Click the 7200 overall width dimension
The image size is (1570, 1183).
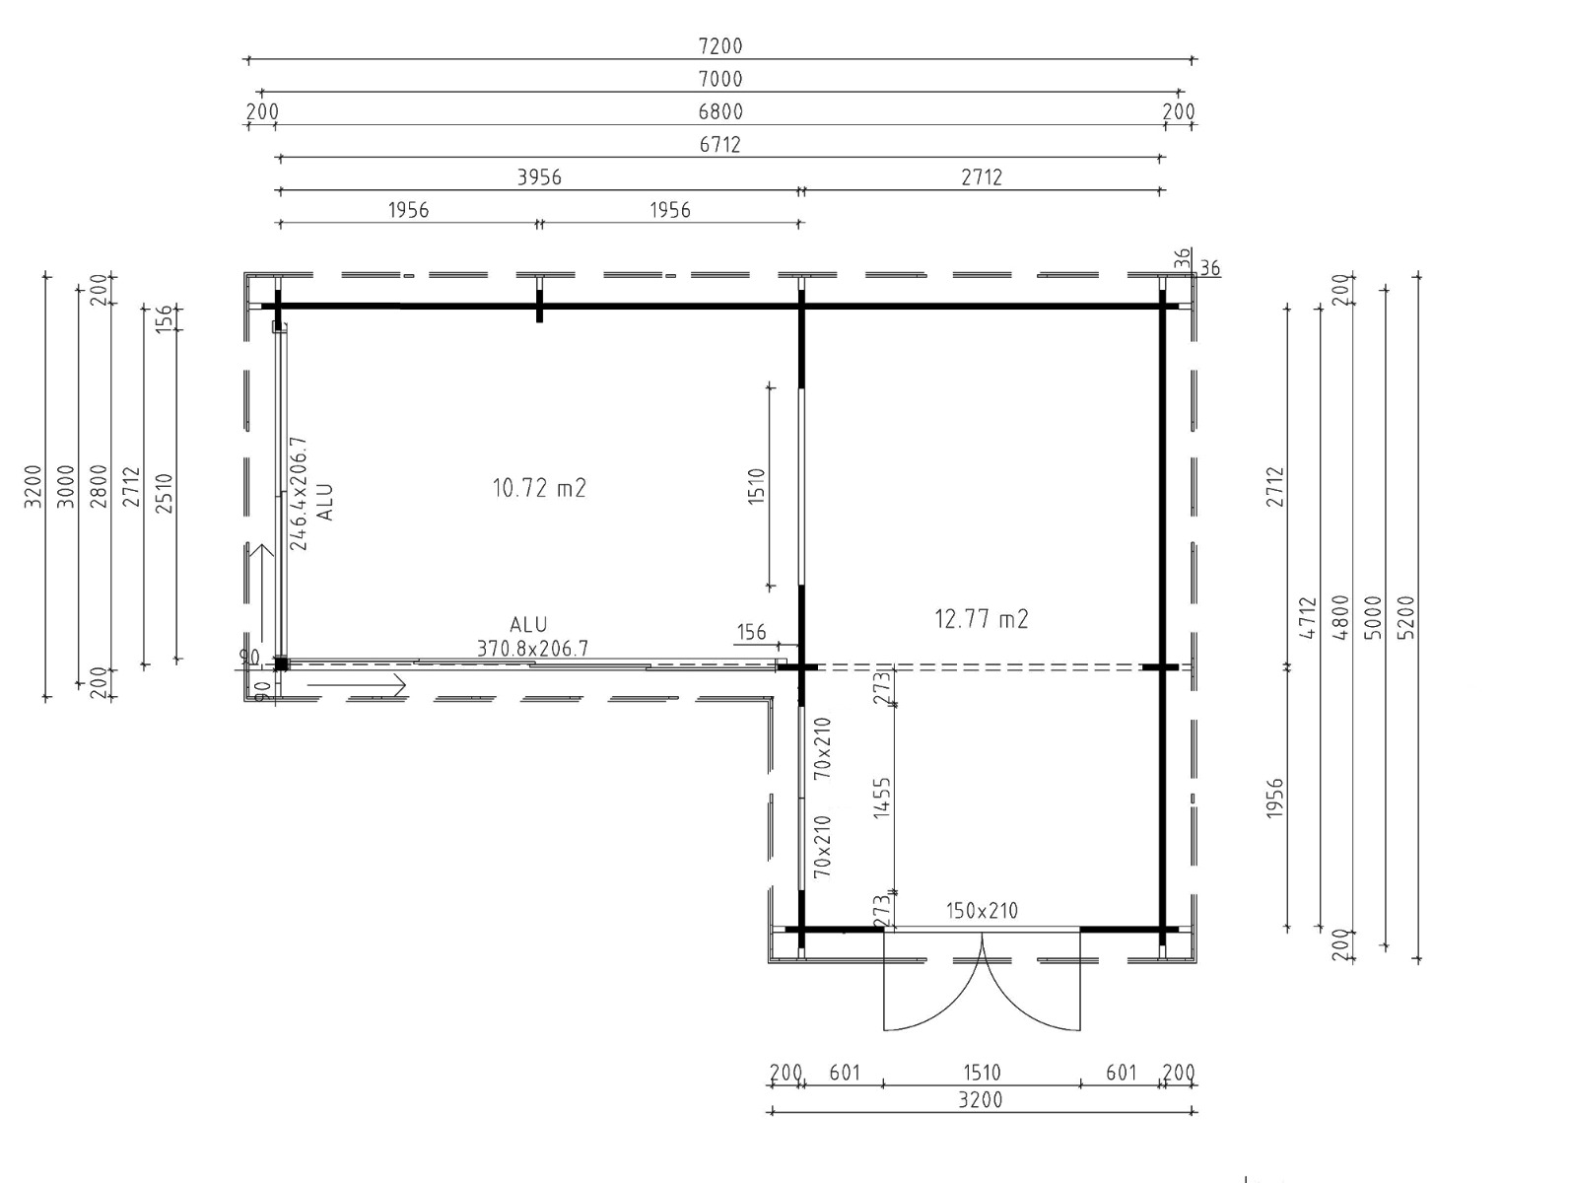pyautogui.click(x=719, y=46)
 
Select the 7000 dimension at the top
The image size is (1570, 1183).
pyautogui.click(x=719, y=80)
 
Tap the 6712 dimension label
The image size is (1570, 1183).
pyautogui.click(x=719, y=145)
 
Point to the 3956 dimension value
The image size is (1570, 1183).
pyautogui.click(x=539, y=177)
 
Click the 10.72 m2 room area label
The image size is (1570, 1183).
pyautogui.click(x=539, y=489)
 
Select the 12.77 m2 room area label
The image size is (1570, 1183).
pyautogui.click(x=982, y=619)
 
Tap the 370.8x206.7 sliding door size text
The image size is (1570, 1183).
pyautogui.click(x=532, y=649)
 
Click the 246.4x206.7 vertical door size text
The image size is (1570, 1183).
pyautogui.click(x=299, y=494)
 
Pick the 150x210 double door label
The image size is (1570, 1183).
pyautogui.click(x=982, y=911)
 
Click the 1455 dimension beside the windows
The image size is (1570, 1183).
pyautogui.click(x=882, y=798)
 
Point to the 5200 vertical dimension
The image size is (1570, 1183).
pyautogui.click(x=1405, y=617)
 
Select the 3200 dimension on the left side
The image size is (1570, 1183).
pyautogui.click(x=33, y=486)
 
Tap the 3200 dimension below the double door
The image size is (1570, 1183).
pyautogui.click(x=980, y=1100)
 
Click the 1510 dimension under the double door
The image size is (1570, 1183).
pyautogui.click(x=982, y=1073)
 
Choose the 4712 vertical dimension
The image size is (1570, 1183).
pyautogui.click(x=1307, y=618)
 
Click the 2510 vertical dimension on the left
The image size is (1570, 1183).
pyautogui.click(x=165, y=493)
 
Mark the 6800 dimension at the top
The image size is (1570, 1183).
pyautogui.click(x=719, y=112)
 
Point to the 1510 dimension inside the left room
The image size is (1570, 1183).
pyautogui.click(x=756, y=486)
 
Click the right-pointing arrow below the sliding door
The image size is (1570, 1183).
pyautogui.click(x=356, y=685)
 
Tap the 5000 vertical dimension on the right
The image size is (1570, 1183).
pyautogui.click(x=1373, y=617)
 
